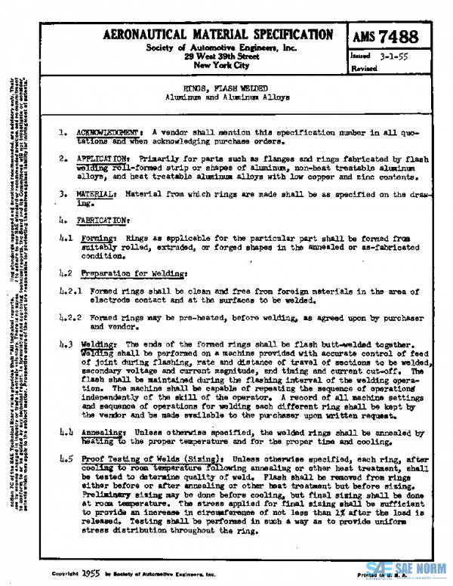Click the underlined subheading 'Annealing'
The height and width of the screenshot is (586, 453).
101,432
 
